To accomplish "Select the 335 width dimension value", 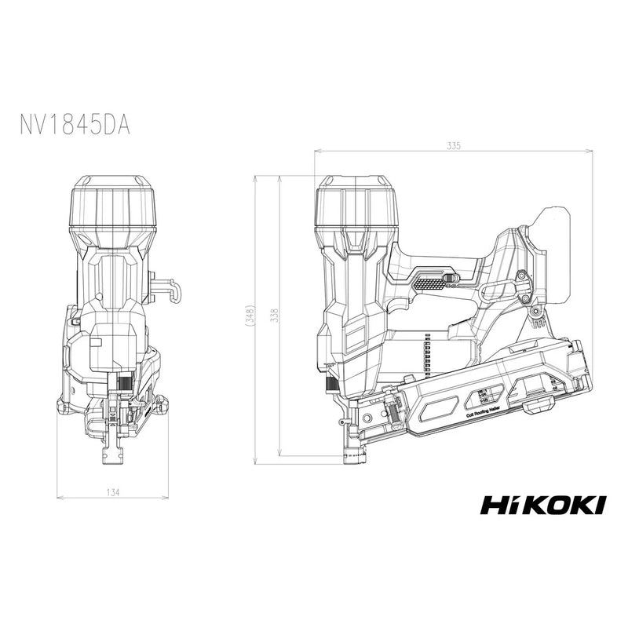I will pyautogui.click(x=454, y=146).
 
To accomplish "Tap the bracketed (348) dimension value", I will pyautogui.click(x=250, y=315).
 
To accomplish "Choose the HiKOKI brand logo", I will pyautogui.click(x=542, y=504).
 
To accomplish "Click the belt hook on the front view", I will pyautogui.click(x=166, y=288).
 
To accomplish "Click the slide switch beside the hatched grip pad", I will pyautogui.click(x=451, y=277).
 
